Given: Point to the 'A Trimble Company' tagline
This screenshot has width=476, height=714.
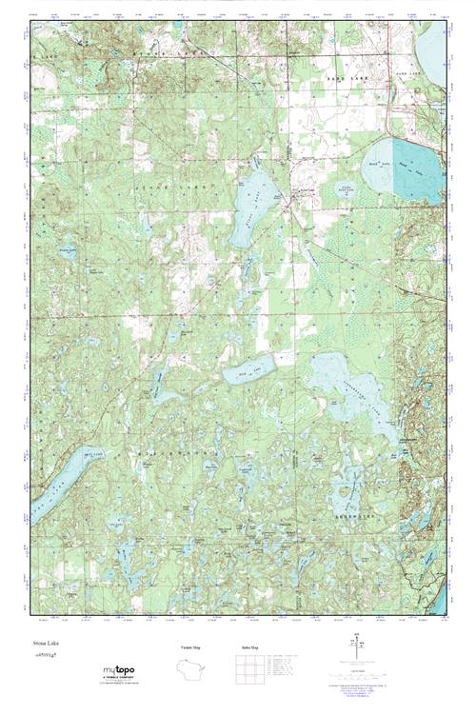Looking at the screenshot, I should tap(123, 679).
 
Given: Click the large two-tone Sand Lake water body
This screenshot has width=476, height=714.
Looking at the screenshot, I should tap(405, 171).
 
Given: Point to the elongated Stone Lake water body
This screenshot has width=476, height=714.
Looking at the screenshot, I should tap(252, 200).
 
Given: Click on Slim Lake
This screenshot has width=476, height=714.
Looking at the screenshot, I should tap(249, 366).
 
